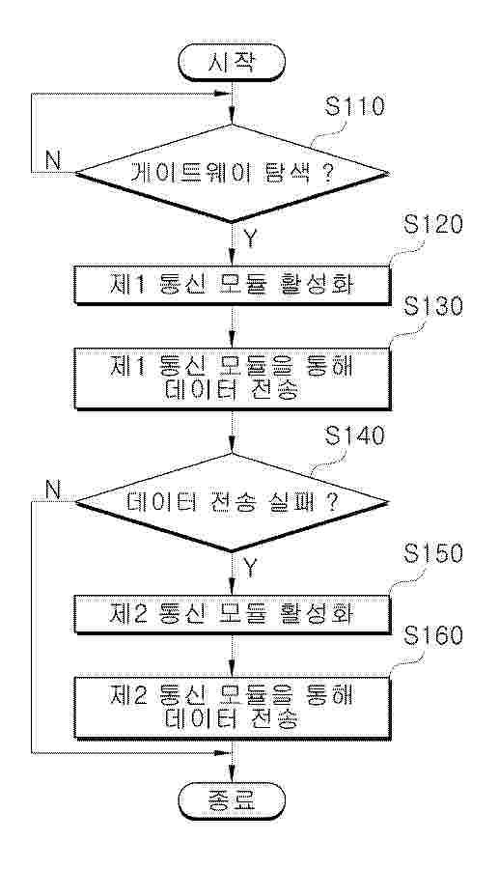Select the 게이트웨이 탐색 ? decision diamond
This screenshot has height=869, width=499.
point(232,175)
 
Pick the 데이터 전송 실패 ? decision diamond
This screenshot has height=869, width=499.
point(232,503)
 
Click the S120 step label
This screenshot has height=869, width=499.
point(433,226)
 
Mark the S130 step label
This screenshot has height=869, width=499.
point(433,306)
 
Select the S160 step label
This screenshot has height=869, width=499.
point(433,636)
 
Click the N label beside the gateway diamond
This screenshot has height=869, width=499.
point(53,161)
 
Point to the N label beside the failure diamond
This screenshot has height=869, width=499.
point(53,491)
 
